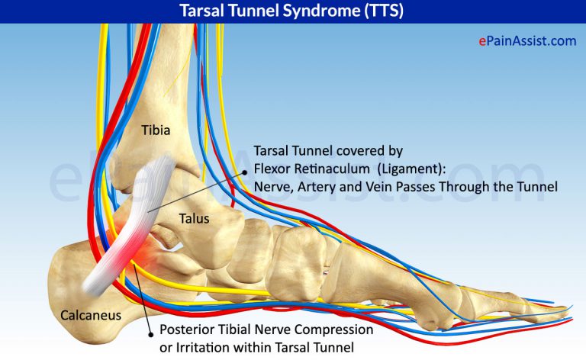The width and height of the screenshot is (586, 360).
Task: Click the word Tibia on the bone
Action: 155,130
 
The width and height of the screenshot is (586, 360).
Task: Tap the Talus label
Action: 194,218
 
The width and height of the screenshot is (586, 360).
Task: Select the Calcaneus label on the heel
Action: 90,313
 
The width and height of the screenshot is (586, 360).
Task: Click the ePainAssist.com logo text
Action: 527,41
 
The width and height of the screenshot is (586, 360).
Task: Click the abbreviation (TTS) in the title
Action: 382,11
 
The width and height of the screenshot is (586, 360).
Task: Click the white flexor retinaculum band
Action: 130,229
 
